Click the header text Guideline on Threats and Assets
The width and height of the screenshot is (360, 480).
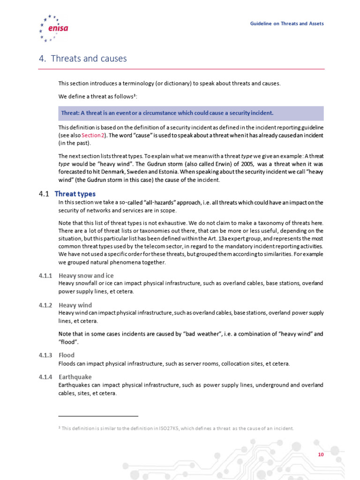[286, 23]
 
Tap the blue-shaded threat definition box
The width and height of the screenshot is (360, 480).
[191, 113]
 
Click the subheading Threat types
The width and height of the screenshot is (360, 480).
[75, 194]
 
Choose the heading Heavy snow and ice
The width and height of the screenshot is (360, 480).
[86, 276]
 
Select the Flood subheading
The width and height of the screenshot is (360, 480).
[67, 355]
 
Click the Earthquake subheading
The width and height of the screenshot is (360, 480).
[75, 377]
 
